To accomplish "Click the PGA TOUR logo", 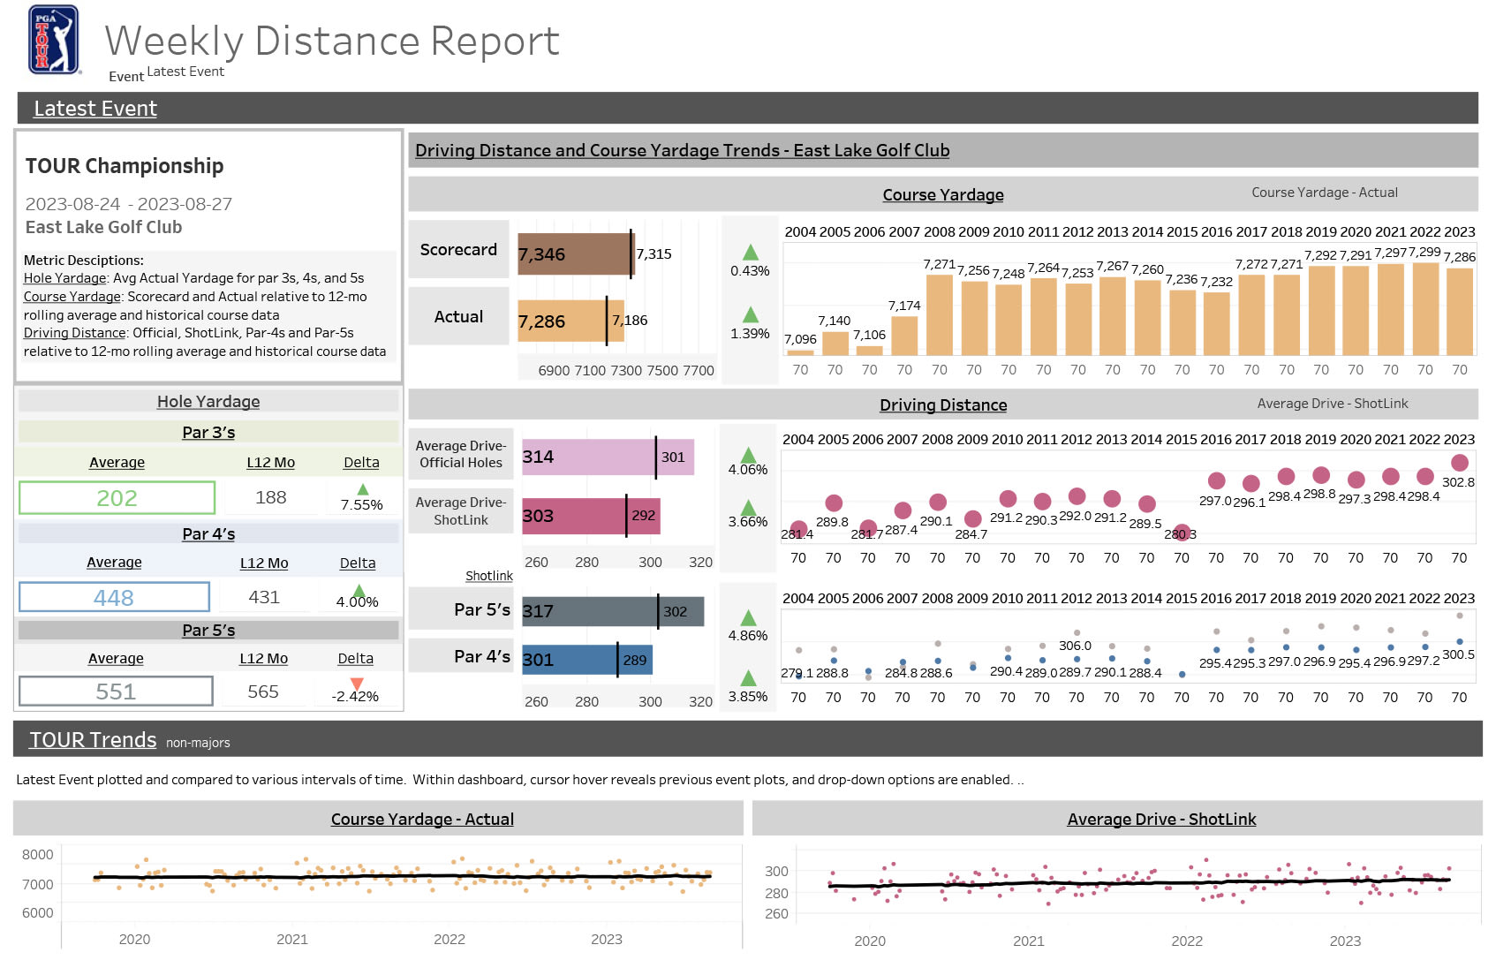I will [53, 39].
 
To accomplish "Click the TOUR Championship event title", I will [125, 166].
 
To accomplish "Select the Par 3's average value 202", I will [117, 498].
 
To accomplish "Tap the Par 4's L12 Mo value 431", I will [264, 598].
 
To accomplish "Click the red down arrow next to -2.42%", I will [357, 684].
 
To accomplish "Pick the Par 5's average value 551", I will [116, 692].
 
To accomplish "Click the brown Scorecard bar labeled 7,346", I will [574, 254].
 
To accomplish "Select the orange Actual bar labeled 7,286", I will [562, 321].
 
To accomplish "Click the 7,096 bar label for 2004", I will [800, 339].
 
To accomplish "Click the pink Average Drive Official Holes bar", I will [587, 457].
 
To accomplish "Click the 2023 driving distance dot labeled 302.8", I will [1459, 463].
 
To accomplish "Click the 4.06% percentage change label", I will [748, 470].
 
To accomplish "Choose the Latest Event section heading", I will [95, 109].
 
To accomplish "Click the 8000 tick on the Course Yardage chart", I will [38, 855].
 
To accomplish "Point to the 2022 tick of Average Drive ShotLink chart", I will [1187, 941].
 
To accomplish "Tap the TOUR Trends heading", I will [93, 740].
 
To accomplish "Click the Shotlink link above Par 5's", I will [489, 576].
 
